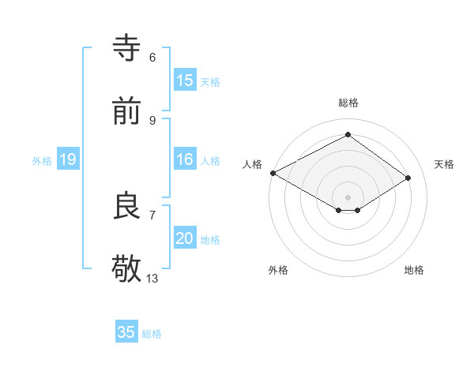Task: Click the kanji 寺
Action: tap(127, 48)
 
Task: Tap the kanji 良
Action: tap(127, 206)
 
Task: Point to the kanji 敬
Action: tap(127, 269)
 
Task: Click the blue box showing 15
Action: tap(184, 81)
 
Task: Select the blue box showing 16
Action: tap(184, 159)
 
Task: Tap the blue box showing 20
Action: tap(184, 238)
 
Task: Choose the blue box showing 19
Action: tap(67, 159)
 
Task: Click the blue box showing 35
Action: tap(126, 332)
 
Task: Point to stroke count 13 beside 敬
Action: tap(152, 279)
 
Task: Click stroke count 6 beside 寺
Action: tap(152, 58)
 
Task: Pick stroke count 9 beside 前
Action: tap(152, 121)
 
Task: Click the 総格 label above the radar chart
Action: tap(348, 103)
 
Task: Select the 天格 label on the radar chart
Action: tap(444, 164)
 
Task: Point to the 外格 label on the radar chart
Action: tap(278, 270)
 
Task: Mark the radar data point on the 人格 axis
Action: tap(273, 172)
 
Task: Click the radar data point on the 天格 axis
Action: tap(408, 178)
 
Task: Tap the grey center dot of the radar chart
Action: tap(348, 197)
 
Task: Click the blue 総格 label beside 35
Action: tap(152, 334)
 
